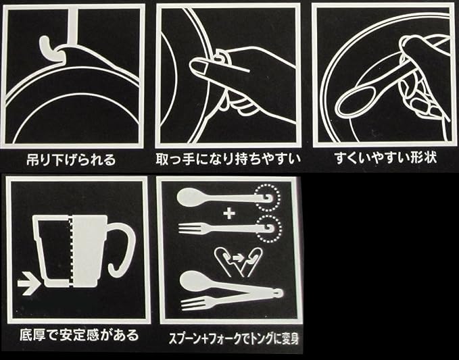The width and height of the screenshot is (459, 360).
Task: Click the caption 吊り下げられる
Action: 71,160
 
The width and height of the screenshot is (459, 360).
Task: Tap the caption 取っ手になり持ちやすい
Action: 228,159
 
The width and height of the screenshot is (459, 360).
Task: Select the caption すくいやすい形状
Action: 386,158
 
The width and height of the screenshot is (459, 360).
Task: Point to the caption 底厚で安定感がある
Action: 79,335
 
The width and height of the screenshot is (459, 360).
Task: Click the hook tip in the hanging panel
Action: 44,41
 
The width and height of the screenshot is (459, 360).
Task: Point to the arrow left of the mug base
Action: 28,284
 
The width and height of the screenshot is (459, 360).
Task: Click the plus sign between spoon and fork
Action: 229,213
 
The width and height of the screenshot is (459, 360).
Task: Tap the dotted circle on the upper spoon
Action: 267,197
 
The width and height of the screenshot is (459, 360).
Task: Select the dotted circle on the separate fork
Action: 268,229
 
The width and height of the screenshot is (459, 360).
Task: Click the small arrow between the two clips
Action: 239,258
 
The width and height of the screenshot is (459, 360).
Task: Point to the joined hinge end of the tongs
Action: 279,292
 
